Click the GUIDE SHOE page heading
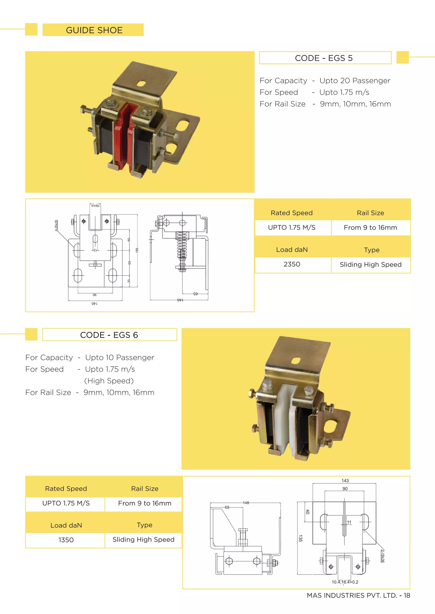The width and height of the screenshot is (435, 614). pos(94,30)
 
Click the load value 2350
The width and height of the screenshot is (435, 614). pos(292,264)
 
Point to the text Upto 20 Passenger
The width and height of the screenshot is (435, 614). pos(355,81)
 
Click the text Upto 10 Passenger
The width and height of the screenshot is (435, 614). pos(119,357)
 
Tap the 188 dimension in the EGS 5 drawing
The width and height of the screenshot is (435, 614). pos(137,250)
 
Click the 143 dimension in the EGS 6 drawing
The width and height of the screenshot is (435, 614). pos(345,481)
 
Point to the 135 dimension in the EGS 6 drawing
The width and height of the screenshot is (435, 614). pos(301,538)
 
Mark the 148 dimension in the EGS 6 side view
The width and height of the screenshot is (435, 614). pos(246,503)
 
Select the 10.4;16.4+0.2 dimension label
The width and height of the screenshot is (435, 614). pos(345,582)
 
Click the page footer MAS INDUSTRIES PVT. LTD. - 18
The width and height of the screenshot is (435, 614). pos(358,595)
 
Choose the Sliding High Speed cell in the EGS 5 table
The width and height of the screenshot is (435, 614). pos(370,264)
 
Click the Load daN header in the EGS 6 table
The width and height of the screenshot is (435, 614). pos(66,525)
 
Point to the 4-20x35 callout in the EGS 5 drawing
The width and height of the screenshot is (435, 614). pos(56,225)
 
